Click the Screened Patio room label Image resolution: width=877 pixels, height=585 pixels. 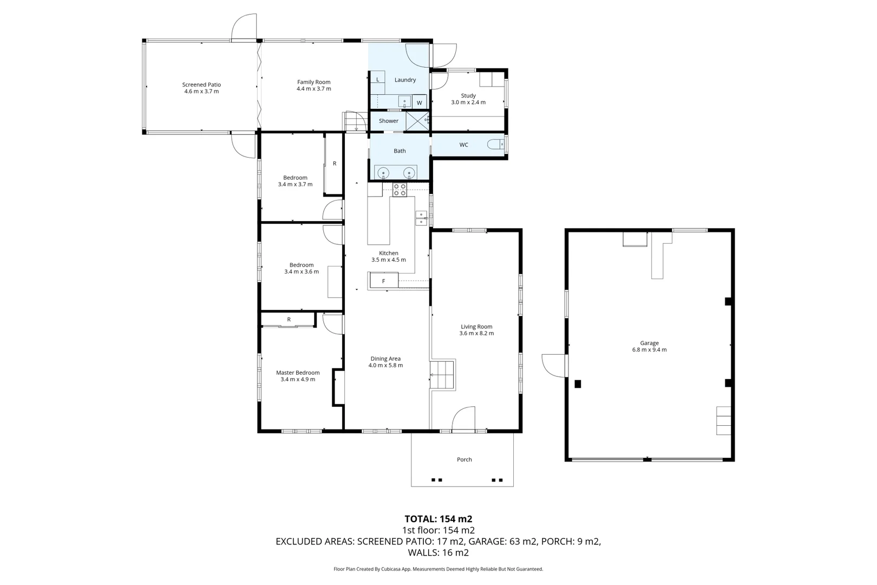pos(201,84)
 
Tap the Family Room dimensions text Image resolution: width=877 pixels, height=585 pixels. pos(313,89)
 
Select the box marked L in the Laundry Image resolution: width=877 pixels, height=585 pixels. pos(377,80)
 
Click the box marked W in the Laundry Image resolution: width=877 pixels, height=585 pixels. pos(419,102)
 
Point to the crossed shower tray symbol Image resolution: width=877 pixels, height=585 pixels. pos(417,121)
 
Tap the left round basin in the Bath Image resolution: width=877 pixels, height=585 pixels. pos(383,173)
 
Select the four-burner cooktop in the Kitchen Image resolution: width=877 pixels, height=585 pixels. pos(400,190)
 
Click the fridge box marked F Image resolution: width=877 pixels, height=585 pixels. pos(384,281)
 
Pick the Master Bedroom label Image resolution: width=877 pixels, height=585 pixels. pos(298,373)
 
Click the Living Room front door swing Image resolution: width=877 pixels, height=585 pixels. pos(464,419)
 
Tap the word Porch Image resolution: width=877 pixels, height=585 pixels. pos(464,459)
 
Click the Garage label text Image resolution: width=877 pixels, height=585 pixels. pos(649,343)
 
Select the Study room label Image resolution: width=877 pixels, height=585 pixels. pos(468,95)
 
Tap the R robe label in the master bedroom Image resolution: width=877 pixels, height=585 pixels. pos(289,320)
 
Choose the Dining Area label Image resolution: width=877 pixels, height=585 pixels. pos(385,359)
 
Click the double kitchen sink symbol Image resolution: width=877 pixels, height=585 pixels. pos(421,218)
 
